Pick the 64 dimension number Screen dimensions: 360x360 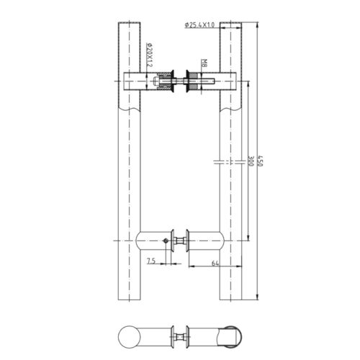[x=215, y=264]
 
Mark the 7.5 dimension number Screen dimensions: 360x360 [x=150, y=261]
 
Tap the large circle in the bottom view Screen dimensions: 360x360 [x=127, y=336]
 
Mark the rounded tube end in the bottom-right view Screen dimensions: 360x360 [x=229, y=336]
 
